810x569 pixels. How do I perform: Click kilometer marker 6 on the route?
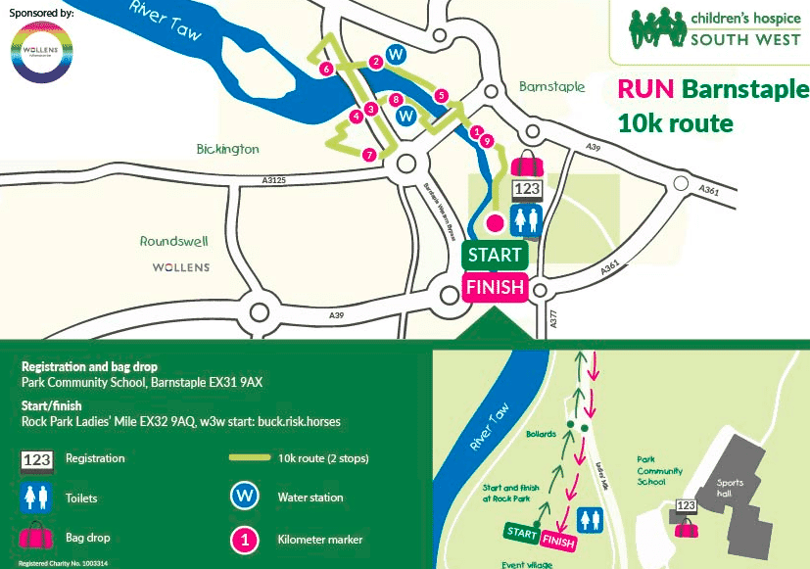[x=326, y=69]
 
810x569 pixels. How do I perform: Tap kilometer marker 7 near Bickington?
[x=369, y=155]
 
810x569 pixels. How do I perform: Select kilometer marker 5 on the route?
[x=442, y=95]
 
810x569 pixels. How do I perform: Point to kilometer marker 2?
[x=375, y=62]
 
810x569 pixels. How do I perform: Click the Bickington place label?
[x=226, y=149]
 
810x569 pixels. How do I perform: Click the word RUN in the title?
[x=645, y=90]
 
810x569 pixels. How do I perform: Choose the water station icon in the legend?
[x=245, y=497]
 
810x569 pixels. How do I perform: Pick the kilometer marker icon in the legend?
[x=245, y=539]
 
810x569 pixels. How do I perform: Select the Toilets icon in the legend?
[x=36, y=498]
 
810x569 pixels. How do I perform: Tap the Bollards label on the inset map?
[x=540, y=433]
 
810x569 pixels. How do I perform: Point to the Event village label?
[x=525, y=564]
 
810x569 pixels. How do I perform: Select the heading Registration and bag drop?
[x=89, y=366]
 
